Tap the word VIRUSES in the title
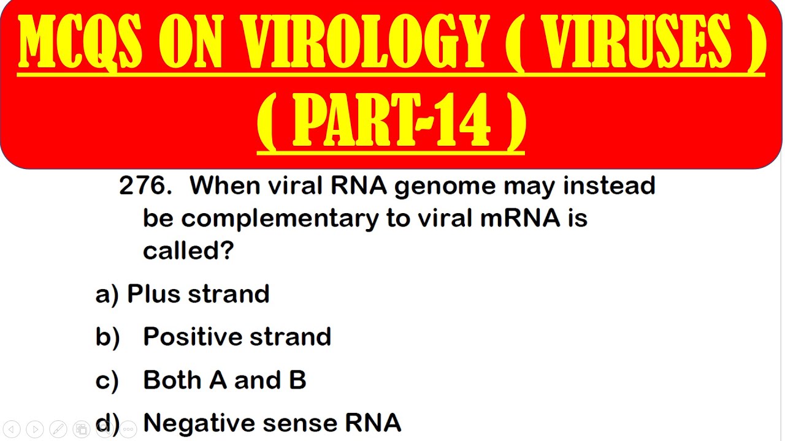tap(637, 43)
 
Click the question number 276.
tap(145, 186)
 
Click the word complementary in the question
tap(280, 218)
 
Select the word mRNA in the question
tap(519, 218)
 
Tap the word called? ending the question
tap(188, 251)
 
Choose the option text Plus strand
tap(198, 294)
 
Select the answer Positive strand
tap(237, 337)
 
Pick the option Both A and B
tap(224, 380)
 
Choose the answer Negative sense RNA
tap(272, 423)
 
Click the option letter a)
tap(107, 295)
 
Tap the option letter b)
tap(107, 337)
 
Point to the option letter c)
tap(107, 381)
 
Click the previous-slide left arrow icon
tap(12, 429)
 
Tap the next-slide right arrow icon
tap(35, 429)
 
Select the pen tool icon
tap(58, 429)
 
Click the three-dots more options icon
tap(128, 429)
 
